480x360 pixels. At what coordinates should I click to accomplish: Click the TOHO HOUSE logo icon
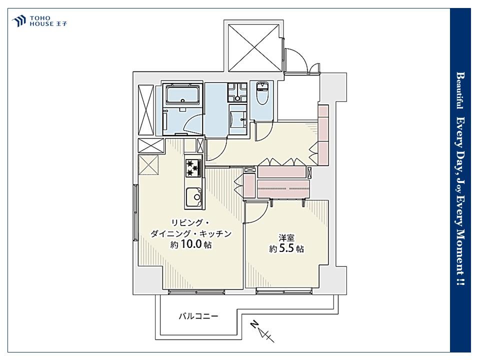(18, 21)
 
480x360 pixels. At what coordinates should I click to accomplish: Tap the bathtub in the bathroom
(183, 94)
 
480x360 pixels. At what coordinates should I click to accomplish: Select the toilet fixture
(261, 92)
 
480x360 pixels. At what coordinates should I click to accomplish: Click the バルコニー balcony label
(198, 316)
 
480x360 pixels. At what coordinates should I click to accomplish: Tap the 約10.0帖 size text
(191, 244)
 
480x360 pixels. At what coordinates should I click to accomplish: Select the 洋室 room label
(286, 237)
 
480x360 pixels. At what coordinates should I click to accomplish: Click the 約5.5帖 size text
(286, 248)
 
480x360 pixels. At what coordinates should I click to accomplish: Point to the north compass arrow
(262, 331)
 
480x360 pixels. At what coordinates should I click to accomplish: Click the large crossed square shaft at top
(254, 48)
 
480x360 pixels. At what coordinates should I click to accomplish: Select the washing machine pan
(237, 93)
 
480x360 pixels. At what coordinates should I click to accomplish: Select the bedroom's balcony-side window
(284, 292)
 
